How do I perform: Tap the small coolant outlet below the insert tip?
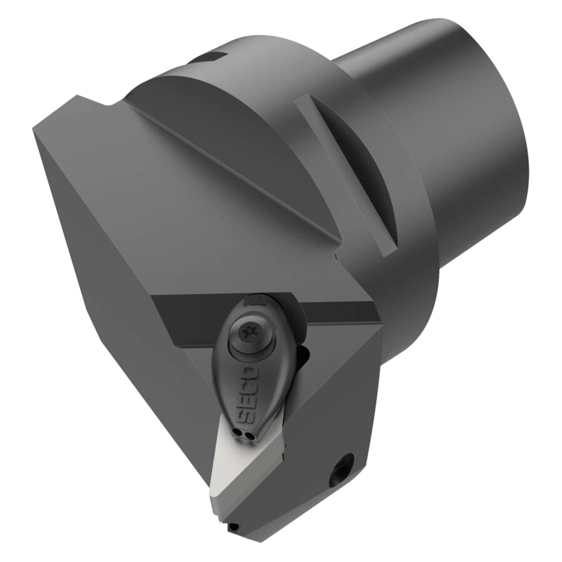234,527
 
